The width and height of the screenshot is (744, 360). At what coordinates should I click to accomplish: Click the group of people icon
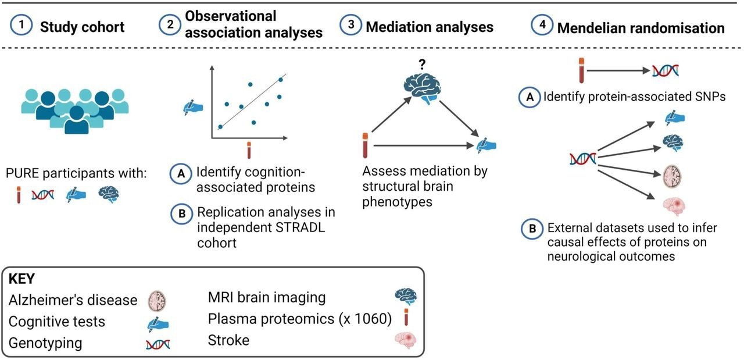(x=74, y=108)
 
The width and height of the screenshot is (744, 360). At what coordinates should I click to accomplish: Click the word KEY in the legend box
(x=23, y=279)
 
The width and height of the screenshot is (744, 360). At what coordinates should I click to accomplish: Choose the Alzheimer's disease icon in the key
(x=156, y=301)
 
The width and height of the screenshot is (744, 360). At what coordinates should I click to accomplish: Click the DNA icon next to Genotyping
(x=157, y=344)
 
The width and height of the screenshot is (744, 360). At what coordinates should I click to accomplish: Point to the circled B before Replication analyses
(x=181, y=213)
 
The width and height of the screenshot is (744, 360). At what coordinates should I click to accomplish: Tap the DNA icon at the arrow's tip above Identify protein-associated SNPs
(x=666, y=71)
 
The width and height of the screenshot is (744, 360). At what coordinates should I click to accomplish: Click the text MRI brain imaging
(x=267, y=298)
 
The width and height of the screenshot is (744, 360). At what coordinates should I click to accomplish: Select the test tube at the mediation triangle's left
(x=366, y=145)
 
